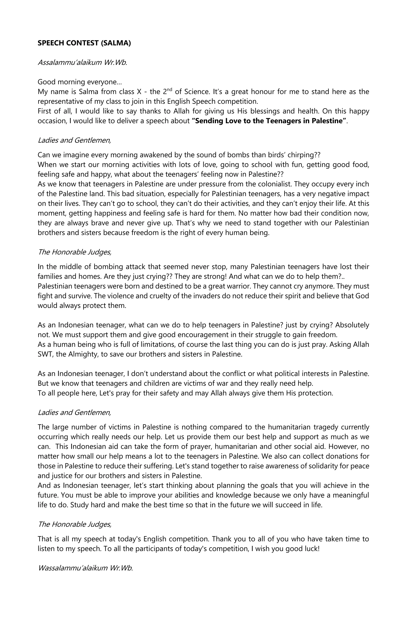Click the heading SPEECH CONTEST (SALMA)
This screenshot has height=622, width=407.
point(84,43)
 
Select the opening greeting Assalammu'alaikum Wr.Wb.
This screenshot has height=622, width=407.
point(82,63)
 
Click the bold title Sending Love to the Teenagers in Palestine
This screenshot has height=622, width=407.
point(269,121)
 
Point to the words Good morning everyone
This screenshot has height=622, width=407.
point(79,82)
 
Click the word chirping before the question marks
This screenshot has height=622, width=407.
point(300,155)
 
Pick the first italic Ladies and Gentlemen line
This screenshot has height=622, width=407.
point(74,140)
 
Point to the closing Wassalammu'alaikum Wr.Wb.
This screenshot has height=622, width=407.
point(85,568)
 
